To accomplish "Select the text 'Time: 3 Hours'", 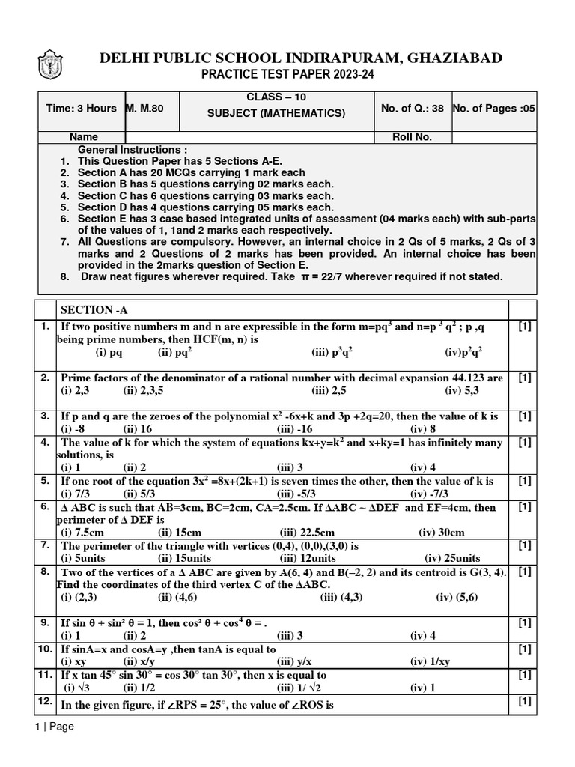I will [81, 108].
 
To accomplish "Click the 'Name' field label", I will [83, 137].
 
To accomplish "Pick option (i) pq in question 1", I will [109, 351].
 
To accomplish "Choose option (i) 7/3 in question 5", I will [75, 494].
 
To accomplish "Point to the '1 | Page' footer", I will [54, 726].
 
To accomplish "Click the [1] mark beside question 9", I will [525, 623].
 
